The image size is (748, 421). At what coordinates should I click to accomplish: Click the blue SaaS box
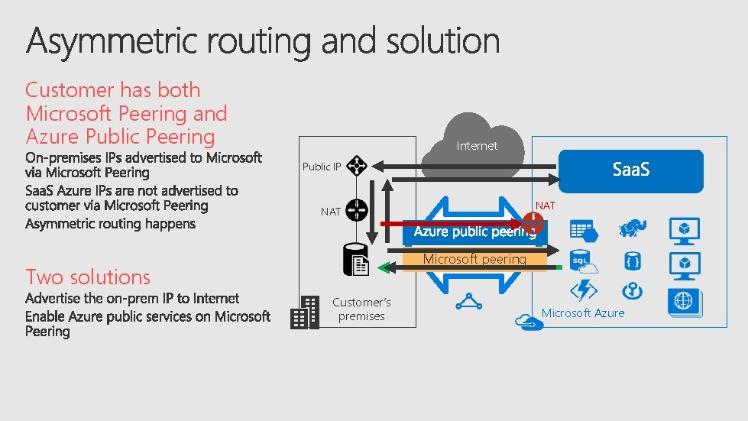tap(631, 170)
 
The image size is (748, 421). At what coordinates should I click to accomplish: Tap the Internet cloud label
tap(477, 145)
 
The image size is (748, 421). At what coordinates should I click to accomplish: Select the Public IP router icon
tap(357, 166)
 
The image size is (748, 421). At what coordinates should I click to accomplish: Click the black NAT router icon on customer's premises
tap(356, 210)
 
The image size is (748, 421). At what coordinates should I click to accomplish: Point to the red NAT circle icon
tap(533, 224)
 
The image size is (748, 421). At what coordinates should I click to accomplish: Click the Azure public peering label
tap(474, 232)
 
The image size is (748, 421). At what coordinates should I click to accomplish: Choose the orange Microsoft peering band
tap(474, 260)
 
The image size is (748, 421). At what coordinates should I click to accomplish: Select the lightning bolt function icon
tap(584, 291)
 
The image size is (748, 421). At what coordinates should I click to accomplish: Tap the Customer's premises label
tap(361, 309)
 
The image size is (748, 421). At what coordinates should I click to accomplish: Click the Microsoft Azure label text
tap(583, 313)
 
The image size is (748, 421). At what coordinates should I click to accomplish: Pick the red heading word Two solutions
tap(88, 277)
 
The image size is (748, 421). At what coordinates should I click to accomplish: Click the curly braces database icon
tap(631, 262)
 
